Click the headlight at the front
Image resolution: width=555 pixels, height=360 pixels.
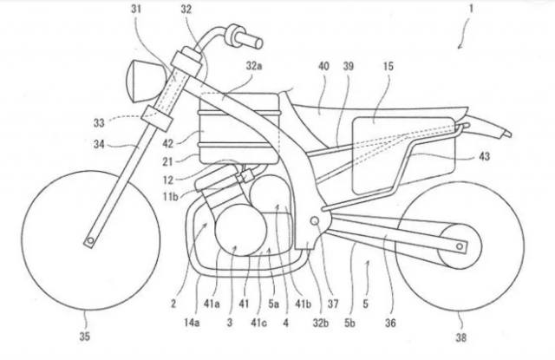(x=146, y=81)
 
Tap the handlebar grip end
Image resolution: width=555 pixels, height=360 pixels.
(x=258, y=43)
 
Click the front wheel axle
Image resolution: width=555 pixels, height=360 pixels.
(x=90, y=240)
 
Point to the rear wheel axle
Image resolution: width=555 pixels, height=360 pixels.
(x=460, y=246)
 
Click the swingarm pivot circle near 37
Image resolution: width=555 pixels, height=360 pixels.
(x=314, y=220)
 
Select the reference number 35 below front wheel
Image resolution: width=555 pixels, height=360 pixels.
(x=84, y=337)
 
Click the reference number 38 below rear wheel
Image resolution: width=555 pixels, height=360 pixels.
(x=460, y=338)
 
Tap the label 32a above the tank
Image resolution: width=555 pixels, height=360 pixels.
(x=254, y=66)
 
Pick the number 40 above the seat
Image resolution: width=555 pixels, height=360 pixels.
(x=323, y=66)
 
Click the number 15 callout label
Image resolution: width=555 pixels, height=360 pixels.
(x=388, y=66)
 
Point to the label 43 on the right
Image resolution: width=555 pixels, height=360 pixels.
(x=484, y=156)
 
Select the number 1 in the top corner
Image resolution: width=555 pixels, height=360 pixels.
(x=471, y=9)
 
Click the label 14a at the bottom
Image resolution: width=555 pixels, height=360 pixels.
(x=191, y=323)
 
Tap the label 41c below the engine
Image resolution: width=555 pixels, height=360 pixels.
(x=258, y=323)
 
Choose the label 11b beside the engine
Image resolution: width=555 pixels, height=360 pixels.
(x=170, y=196)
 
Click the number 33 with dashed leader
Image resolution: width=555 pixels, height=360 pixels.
(x=99, y=122)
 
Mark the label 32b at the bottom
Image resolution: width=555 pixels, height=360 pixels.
(x=321, y=323)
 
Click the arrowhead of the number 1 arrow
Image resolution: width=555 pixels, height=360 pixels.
(x=459, y=47)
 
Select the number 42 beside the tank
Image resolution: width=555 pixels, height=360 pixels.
(x=168, y=144)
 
